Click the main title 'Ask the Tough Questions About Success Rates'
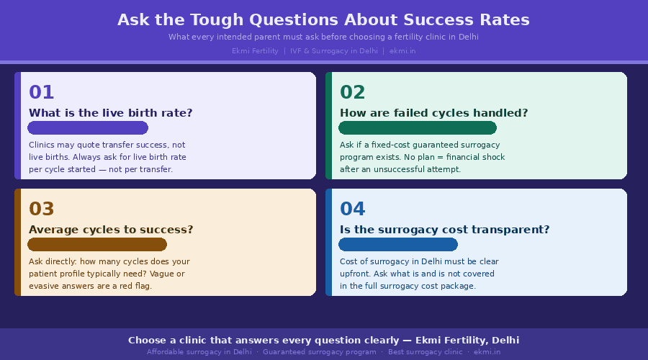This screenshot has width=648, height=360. pyautogui.click(x=323, y=20)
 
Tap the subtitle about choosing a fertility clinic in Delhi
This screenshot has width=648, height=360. pyautogui.click(x=323, y=37)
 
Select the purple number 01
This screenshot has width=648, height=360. pyautogui.click(x=41, y=93)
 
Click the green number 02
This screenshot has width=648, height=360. pyautogui.click(x=353, y=93)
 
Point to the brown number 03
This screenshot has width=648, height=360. pyautogui.click(x=41, y=210)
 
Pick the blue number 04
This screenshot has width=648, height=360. pyautogui.click(x=353, y=210)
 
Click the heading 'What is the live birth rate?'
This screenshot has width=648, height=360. pyautogui.click(x=110, y=113)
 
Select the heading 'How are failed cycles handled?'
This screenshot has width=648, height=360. pyautogui.click(x=433, y=113)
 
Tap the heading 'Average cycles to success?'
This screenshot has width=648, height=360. pyautogui.click(x=111, y=230)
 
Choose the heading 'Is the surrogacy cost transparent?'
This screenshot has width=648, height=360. pyautogui.click(x=444, y=230)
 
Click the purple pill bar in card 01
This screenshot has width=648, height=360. pyautogui.click(x=88, y=128)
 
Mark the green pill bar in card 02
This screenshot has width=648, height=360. pyautogui.click(x=418, y=128)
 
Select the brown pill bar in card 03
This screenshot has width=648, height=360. pyautogui.click(x=97, y=245)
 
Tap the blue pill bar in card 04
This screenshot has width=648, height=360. pyautogui.click(x=398, y=245)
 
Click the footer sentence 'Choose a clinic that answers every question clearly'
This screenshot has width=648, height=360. pyautogui.click(x=267, y=340)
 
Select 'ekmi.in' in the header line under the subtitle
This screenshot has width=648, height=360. pyautogui.click(x=402, y=51)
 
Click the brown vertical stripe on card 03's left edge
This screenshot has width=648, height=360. pyautogui.click(x=17, y=242)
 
